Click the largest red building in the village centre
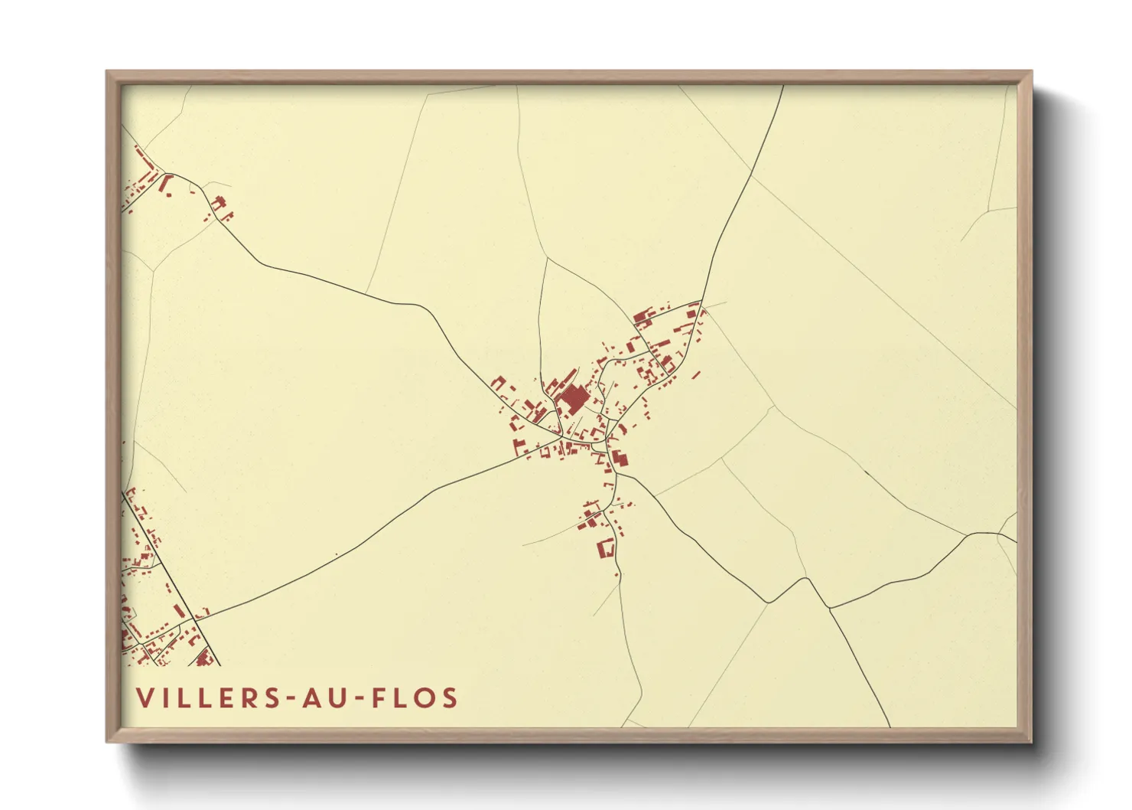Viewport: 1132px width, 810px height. coord(572,399)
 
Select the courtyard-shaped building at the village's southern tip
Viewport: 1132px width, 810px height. coord(606,548)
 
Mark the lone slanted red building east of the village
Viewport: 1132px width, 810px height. coord(696,375)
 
